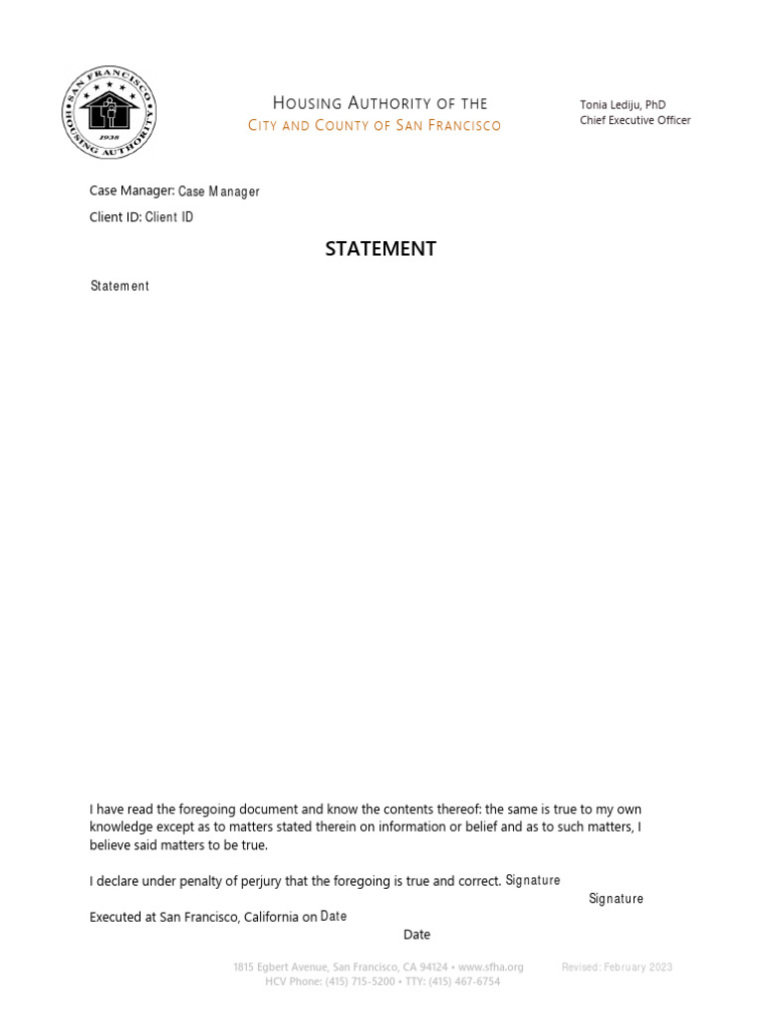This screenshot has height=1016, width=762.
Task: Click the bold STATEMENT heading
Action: (x=381, y=249)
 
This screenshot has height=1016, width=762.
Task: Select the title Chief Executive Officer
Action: (x=635, y=120)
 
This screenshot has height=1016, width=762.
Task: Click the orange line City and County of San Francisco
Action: (x=374, y=125)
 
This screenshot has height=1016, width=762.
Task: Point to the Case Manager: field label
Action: (x=132, y=190)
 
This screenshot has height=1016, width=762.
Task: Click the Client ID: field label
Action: (x=116, y=216)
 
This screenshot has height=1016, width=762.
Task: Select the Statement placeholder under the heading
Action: (x=119, y=286)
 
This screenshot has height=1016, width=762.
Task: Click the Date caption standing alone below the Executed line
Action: (x=417, y=935)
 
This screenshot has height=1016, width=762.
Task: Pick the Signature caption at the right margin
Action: (x=615, y=899)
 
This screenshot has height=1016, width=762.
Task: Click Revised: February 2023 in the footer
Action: (x=616, y=966)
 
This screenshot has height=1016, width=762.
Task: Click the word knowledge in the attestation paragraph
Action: (x=124, y=827)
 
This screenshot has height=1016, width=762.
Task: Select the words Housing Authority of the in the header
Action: (x=380, y=103)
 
